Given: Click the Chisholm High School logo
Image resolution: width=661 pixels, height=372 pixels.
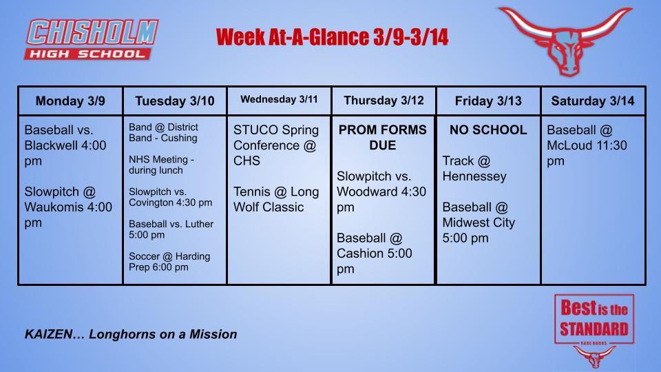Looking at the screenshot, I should [92, 39].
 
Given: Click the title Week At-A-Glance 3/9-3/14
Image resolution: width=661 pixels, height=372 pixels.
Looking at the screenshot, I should [332, 37].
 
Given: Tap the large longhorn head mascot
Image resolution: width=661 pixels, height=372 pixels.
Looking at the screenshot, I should [565, 40].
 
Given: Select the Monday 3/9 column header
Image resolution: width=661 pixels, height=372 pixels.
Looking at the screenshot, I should [70, 101].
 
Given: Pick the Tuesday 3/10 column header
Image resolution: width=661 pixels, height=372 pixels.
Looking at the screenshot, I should [175, 101].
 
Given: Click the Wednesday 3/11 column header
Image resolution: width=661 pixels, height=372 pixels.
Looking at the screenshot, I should [279, 100].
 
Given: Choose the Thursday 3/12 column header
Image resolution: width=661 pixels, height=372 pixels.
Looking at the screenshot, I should [384, 101].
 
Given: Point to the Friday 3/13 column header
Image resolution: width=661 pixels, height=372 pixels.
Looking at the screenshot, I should [488, 101].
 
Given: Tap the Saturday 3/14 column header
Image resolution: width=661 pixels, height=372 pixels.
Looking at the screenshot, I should [593, 101].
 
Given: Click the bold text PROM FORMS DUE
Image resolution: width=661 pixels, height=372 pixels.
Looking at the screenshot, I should [383, 137].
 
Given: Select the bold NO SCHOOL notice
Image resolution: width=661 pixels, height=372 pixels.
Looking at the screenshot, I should [488, 130].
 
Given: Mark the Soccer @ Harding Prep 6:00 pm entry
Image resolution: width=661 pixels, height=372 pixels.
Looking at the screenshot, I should [169, 261].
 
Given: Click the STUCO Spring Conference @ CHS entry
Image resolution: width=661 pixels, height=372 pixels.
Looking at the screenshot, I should [275, 145].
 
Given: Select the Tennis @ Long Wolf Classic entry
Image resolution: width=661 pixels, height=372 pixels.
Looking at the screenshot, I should [275, 199].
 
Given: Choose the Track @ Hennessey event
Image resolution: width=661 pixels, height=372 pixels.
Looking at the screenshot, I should [474, 168].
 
